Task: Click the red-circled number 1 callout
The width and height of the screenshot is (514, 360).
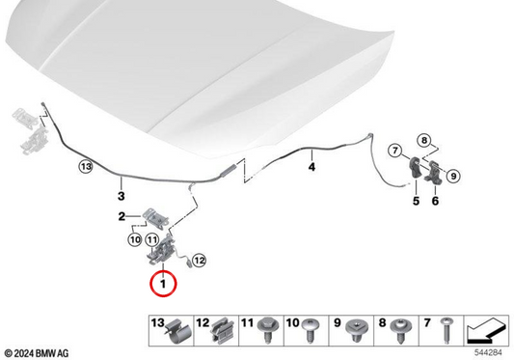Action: tap(163, 284)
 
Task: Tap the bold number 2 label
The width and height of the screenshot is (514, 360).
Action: tap(122, 216)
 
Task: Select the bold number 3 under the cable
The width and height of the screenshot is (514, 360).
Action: tap(121, 196)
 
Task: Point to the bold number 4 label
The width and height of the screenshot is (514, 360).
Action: tap(311, 167)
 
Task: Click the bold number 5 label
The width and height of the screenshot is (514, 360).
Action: tap(416, 201)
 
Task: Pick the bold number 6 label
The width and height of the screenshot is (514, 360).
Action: tap(435, 201)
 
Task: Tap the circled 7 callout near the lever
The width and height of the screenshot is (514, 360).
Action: tap(395, 151)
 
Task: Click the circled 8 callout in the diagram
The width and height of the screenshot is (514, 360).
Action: tap(424, 141)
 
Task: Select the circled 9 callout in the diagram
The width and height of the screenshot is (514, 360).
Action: tap(453, 177)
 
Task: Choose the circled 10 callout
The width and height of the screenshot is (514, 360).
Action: tap(135, 240)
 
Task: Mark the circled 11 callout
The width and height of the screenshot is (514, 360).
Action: tap(151, 240)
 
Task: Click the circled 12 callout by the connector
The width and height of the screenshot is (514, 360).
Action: tap(199, 261)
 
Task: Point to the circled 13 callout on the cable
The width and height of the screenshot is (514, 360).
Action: tap(86, 167)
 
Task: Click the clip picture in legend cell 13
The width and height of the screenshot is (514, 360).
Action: tap(178, 331)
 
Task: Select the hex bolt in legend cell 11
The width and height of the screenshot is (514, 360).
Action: tap(268, 330)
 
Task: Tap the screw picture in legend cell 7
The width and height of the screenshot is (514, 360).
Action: tap(447, 330)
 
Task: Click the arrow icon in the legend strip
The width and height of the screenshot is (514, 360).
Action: tap(486, 330)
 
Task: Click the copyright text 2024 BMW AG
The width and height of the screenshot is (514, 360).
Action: tap(37, 353)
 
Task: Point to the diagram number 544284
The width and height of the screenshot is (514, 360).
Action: tap(488, 353)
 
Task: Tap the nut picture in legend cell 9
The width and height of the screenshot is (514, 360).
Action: tap(357, 330)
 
